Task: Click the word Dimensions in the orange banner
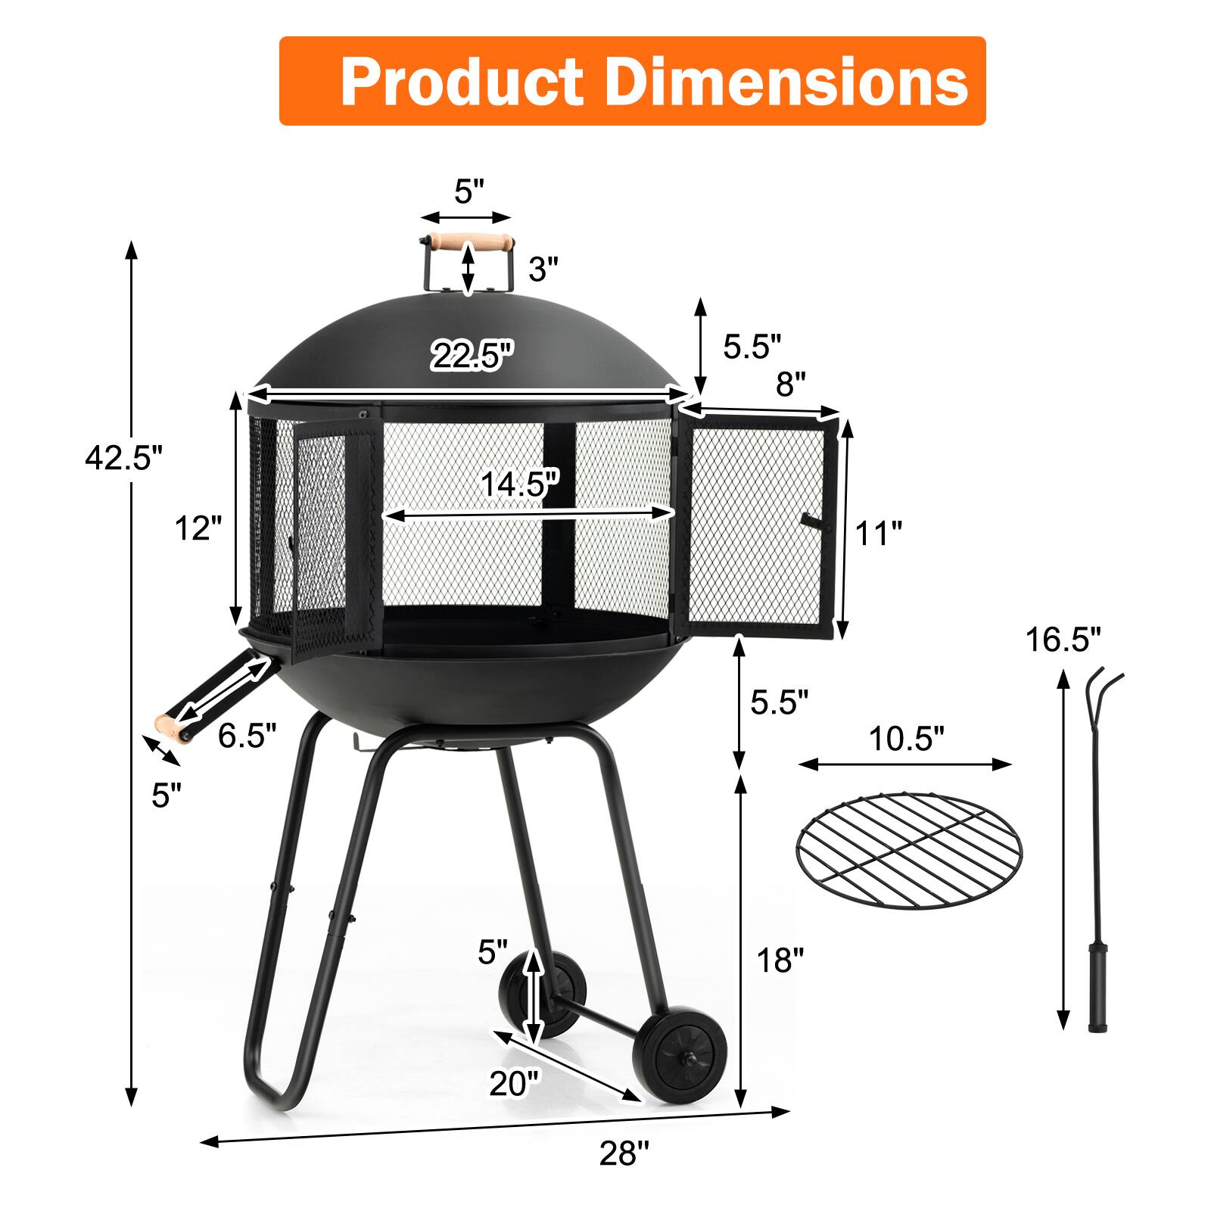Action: click(x=787, y=82)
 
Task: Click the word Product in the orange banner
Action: click(x=462, y=82)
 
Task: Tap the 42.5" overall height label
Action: click(x=123, y=458)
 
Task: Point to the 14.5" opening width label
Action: click(x=521, y=484)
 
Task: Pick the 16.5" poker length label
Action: click(x=1063, y=640)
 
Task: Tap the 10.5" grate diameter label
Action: click(x=906, y=738)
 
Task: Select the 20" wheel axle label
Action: click(x=515, y=1084)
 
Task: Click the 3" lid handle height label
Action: click(x=543, y=269)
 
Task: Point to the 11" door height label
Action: click(x=878, y=534)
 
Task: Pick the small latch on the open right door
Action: click(x=811, y=521)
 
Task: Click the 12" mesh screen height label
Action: click(x=198, y=528)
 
